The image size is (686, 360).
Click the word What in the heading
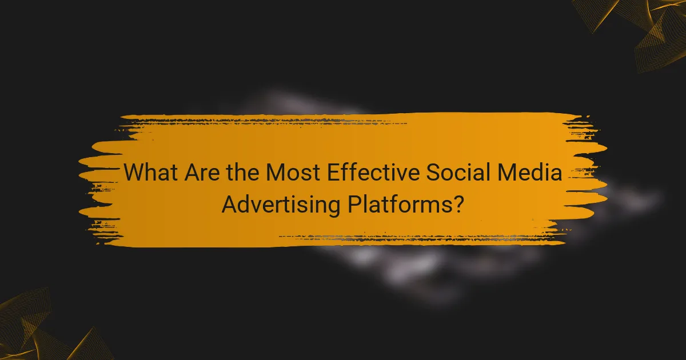[x=150, y=172]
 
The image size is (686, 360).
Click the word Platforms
[x=400, y=204]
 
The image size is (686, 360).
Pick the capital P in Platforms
[x=354, y=204]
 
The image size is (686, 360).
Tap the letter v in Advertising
[x=254, y=205]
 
